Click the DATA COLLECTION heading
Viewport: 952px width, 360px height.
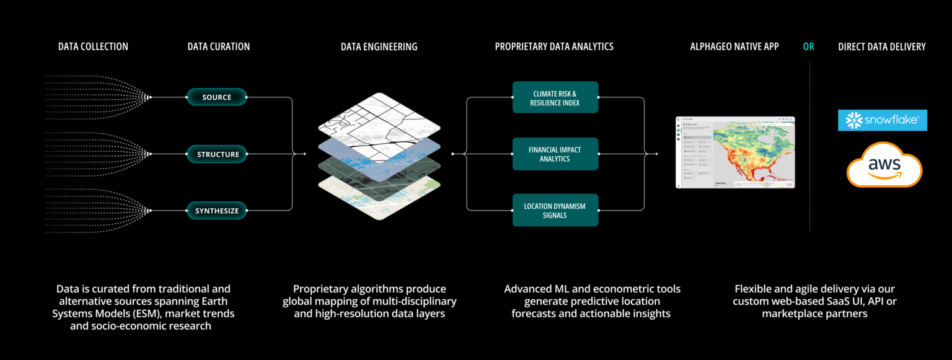93,46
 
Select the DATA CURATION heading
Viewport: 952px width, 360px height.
219,46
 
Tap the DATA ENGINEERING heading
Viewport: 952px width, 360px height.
379,46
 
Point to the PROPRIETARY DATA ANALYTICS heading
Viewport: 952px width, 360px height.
554,46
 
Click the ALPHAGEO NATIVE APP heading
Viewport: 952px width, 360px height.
734,46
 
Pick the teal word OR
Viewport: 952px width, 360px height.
809,46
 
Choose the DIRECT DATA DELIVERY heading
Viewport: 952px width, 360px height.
881,46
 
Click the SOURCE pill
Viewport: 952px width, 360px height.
217,97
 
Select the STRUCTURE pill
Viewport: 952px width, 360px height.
218,154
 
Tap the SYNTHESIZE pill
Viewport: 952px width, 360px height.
217,211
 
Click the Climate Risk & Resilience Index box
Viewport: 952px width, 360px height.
555,97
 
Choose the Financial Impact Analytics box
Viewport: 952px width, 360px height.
555,154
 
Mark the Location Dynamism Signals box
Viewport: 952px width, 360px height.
555,210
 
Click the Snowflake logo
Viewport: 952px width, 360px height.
882,120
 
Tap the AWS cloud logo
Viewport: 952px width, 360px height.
884,164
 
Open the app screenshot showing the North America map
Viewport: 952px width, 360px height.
735,152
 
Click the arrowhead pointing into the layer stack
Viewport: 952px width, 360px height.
304,154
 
